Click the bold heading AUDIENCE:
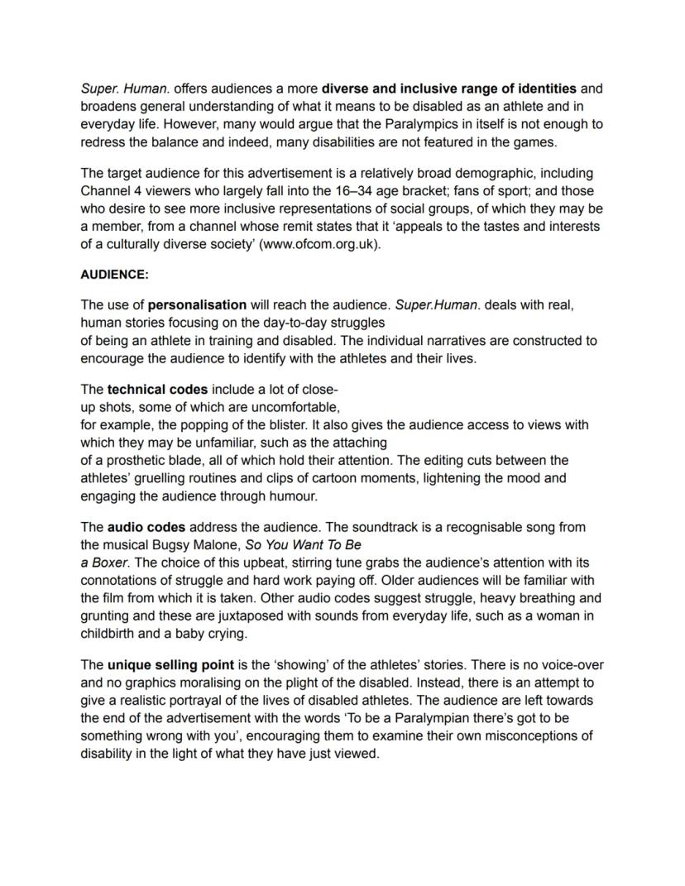click(x=114, y=274)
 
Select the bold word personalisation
click(x=197, y=304)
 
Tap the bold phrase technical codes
click(x=157, y=389)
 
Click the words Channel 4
click(x=107, y=191)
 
